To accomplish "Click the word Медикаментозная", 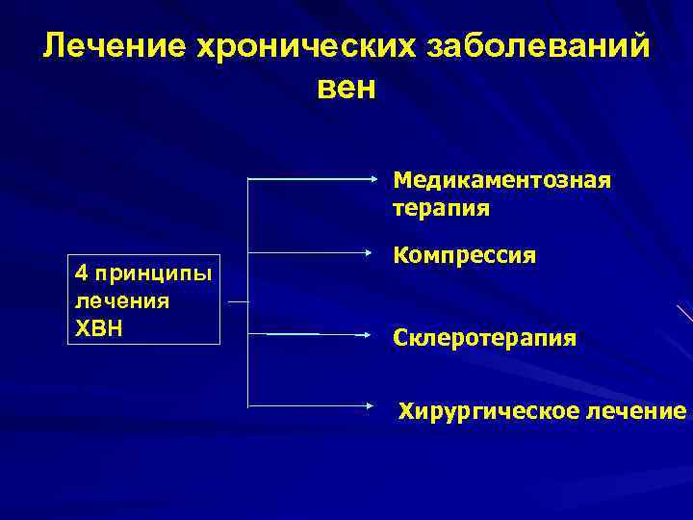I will click(501, 181).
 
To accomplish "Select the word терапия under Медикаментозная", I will click(441, 208).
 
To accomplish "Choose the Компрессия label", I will click(464, 257).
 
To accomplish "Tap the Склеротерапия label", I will click(485, 338).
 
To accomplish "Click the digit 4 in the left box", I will click(80, 274).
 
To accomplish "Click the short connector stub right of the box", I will click(237, 301).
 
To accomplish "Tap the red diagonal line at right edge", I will click(684, 313).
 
